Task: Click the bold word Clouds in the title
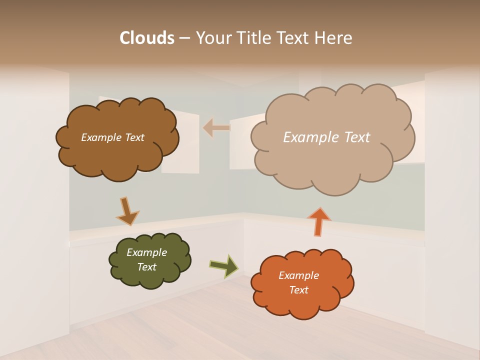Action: click(147, 38)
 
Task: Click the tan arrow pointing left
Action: click(216, 127)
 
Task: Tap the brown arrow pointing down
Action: click(127, 211)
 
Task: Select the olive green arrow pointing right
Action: click(224, 265)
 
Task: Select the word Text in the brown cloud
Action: click(134, 137)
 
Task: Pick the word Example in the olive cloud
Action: click(146, 252)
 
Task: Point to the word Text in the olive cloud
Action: click(147, 267)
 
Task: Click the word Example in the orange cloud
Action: click(298, 275)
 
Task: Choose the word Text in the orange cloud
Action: click(299, 290)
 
